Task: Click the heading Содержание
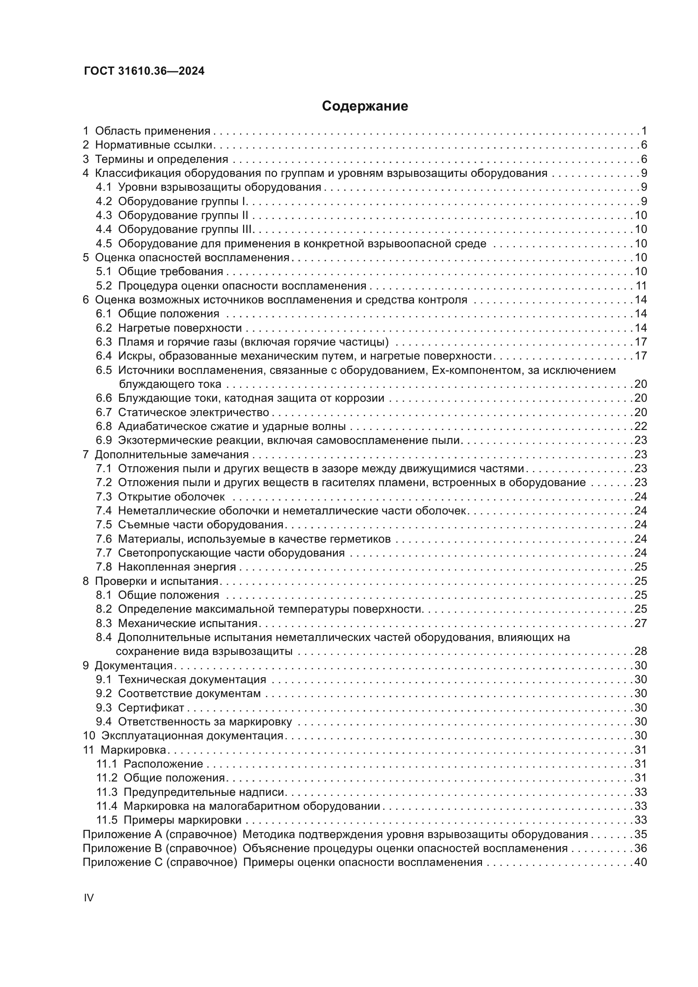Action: pos(365,106)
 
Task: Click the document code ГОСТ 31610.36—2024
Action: pos(144,71)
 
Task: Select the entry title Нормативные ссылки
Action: pos(154,145)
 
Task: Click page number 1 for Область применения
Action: pos(644,131)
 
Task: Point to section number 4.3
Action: pos(103,215)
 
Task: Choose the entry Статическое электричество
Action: pos(193,412)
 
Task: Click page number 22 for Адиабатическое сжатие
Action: pos(641,426)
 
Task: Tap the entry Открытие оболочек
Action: pos(171,497)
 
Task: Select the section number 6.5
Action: pos(103,370)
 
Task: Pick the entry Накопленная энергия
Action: pos(177,567)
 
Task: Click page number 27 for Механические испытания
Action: pos(641,623)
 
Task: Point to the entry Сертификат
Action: pos(151,708)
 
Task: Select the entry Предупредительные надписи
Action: pos(204,792)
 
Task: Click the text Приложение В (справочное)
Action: pos(160,848)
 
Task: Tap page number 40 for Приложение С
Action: pos(641,862)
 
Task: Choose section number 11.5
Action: pos(107,820)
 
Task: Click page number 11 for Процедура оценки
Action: pos(641,285)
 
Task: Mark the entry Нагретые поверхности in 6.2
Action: pos(180,328)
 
